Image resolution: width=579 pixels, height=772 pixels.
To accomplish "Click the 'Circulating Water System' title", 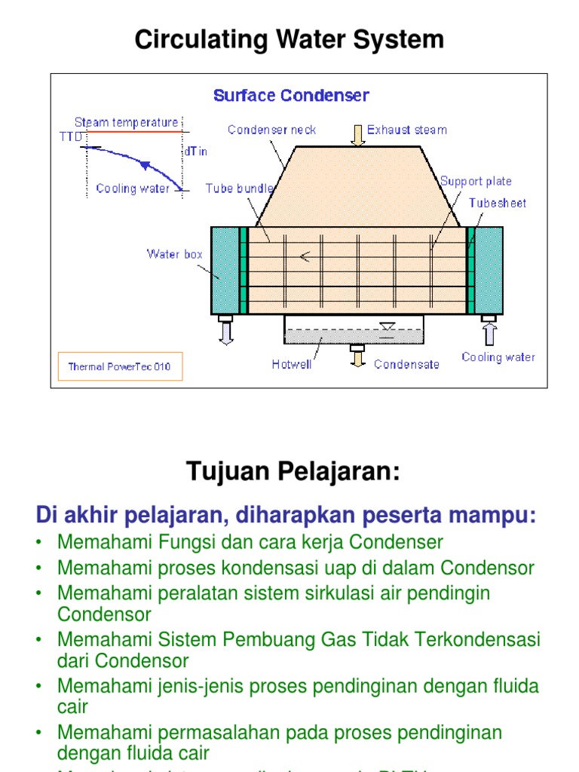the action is [289, 39].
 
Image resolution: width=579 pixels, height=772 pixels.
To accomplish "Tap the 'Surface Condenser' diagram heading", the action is [291, 96].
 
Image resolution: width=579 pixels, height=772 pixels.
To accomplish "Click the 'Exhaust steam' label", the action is [406, 130].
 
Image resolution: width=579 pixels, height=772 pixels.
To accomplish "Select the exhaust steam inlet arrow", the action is [356, 133].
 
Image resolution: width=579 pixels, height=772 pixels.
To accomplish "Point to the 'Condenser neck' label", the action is [272, 130].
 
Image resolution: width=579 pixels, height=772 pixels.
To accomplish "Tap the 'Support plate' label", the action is [476, 181].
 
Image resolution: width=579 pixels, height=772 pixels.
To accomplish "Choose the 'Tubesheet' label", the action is [498, 203].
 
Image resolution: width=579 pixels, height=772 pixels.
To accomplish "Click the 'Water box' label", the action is [174, 254].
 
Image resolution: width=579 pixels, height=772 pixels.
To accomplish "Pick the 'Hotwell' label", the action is [292, 364].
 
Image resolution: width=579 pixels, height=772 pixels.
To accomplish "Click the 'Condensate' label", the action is [406, 364].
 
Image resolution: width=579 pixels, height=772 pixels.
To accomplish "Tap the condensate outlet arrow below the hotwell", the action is [356, 356].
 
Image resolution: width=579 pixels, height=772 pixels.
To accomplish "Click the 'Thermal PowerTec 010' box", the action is [120, 367].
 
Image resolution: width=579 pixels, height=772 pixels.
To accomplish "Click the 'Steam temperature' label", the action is [127, 122].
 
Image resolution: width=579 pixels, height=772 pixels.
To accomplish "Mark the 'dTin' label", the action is [195, 152].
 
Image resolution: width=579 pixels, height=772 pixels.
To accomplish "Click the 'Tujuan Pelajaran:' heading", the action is [293, 473].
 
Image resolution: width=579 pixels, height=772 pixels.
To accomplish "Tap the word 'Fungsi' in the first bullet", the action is [154, 542].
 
